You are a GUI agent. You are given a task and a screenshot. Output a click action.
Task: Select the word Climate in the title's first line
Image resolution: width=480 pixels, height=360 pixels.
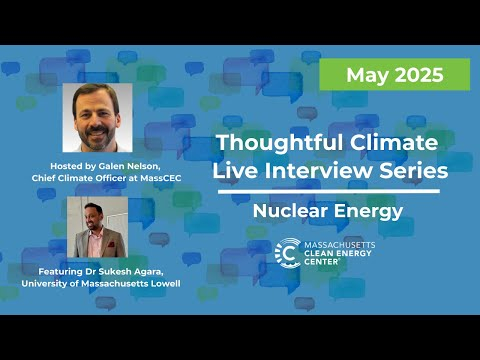(389, 144)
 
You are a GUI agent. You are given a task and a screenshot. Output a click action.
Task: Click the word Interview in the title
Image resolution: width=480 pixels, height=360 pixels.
(312, 172)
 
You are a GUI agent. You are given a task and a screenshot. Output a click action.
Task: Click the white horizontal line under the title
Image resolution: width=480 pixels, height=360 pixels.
(329, 192)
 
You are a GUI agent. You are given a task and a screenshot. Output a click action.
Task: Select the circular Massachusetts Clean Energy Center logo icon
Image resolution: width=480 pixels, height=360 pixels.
(289, 252)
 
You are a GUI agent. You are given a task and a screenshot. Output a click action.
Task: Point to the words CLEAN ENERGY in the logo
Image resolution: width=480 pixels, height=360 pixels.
(345, 253)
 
